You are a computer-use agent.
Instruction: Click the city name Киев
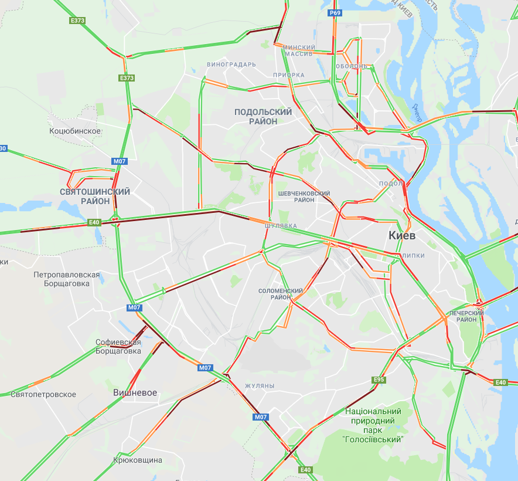[x=402, y=236]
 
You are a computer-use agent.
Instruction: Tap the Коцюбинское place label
[x=75, y=131]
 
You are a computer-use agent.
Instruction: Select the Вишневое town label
[x=135, y=392]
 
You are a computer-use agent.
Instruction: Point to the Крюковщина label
[x=138, y=460]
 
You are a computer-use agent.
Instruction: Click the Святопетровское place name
[x=43, y=394]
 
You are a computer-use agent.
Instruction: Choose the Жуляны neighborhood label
[x=260, y=386]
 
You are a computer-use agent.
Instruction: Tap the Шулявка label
[x=281, y=226]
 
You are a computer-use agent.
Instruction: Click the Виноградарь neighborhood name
[x=231, y=64]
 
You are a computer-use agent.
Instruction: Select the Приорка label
[x=289, y=75]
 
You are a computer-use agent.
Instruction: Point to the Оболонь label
[x=351, y=66]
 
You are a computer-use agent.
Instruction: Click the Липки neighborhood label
[x=413, y=256]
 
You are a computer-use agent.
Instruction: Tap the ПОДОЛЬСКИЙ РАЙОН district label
[x=263, y=116]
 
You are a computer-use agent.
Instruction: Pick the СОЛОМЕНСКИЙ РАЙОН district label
[x=281, y=294]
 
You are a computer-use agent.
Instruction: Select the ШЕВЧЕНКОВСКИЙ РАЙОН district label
[x=304, y=197]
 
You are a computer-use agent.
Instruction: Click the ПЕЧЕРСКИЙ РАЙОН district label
[x=466, y=316]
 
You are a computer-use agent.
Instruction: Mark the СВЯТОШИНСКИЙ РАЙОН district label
[x=95, y=197]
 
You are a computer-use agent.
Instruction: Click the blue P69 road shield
[x=335, y=12]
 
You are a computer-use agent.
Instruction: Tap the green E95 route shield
[x=379, y=380]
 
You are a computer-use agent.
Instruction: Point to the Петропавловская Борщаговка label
[x=67, y=279]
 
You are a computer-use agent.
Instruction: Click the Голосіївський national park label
[x=373, y=425]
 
